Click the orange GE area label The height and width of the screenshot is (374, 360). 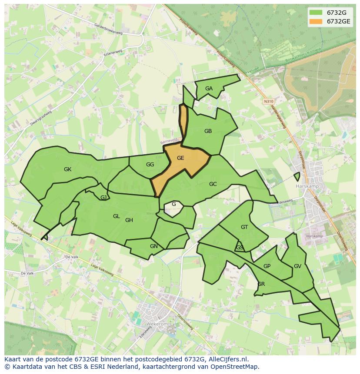click(x=180, y=158)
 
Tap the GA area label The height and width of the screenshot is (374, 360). click(x=209, y=89)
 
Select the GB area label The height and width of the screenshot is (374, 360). click(x=208, y=131)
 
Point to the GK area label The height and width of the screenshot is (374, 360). click(x=67, y=169)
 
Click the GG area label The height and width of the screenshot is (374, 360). click(x=150, y=165)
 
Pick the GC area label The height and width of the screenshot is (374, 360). click(x=213, y=184)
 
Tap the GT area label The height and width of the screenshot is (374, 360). click(x=244, y=227)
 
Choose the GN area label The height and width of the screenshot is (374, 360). click(x=153, y=246)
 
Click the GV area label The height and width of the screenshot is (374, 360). click(x=297, y=266)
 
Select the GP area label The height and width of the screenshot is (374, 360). click(x=267, y=266)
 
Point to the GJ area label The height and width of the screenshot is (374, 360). click(x=103, y=198)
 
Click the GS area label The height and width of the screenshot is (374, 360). click(x=240, y=248)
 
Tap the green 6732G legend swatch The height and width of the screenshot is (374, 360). click(x=316, y=12)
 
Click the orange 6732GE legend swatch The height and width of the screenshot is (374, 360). click(x=316, y=21)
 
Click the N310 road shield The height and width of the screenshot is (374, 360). click(x=268, y=101)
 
